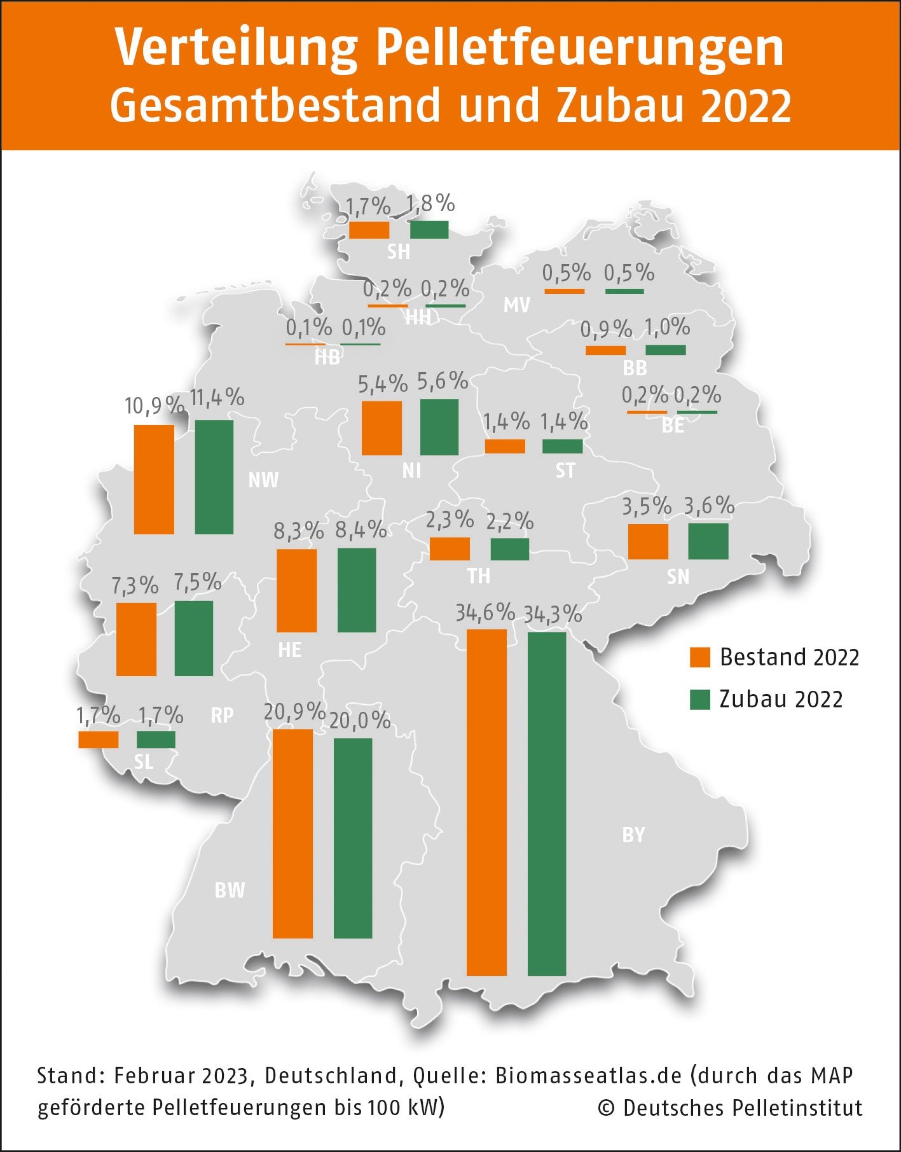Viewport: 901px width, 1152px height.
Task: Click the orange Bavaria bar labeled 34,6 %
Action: coord(486,802)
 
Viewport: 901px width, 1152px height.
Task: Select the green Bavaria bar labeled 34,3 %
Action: coord(547,803)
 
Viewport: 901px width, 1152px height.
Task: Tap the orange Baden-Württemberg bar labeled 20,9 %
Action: coord(292,833)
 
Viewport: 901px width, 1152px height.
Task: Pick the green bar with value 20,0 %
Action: coord(353,838)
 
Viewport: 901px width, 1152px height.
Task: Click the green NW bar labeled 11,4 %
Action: coord(214,476)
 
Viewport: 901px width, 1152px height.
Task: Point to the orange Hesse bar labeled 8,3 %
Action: coord(296,590)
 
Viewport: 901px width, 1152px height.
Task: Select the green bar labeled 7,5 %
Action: coord(194,638)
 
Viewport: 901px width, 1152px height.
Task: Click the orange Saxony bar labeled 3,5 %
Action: coord(648,541)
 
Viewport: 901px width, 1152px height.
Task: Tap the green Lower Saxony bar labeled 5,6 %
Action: coord(439,427)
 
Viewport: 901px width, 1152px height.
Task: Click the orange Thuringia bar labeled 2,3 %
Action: coord(450,548)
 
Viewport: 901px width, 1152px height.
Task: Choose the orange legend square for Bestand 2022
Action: coord(699,657)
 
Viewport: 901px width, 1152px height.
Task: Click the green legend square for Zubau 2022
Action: coord(699,699)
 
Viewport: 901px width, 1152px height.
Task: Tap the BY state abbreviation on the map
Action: coord(633,835)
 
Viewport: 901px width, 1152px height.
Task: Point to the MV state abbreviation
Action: coord(516,305)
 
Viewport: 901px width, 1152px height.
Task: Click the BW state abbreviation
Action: coord(230,890)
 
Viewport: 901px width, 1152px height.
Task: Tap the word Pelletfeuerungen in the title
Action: coord(579,48)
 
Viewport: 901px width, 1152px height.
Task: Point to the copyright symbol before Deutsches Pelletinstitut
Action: coord(607,1108)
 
